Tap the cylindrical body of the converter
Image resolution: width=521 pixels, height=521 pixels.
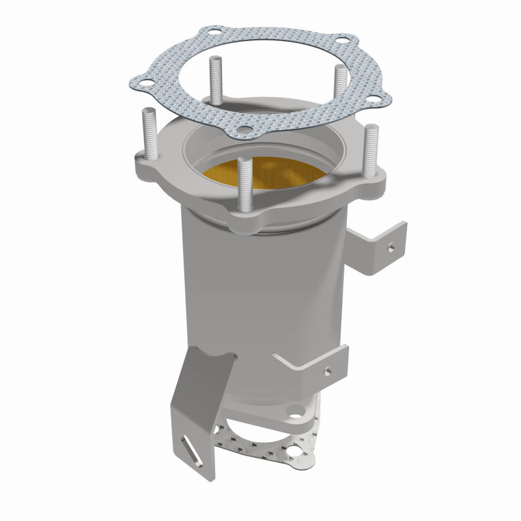pyautogui.click(x=260, y=293)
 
